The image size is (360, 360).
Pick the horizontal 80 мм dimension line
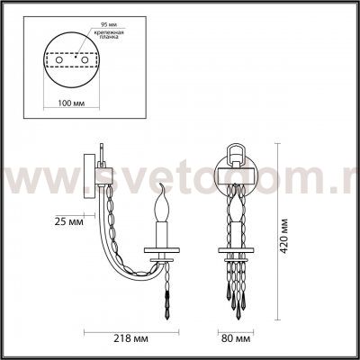click(237, 331)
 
